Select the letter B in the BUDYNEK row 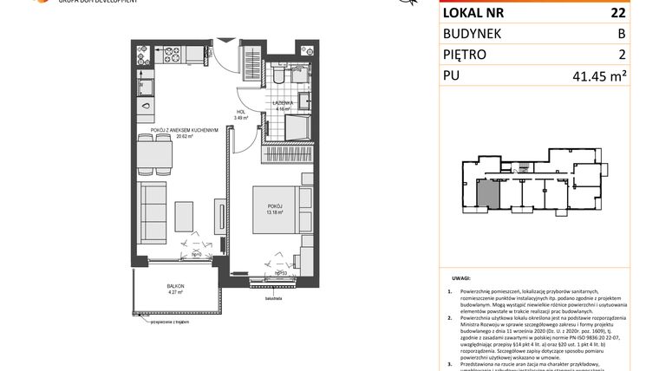tap(620, 34)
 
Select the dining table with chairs tap(156, 157)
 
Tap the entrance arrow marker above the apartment tap(225, 39)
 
